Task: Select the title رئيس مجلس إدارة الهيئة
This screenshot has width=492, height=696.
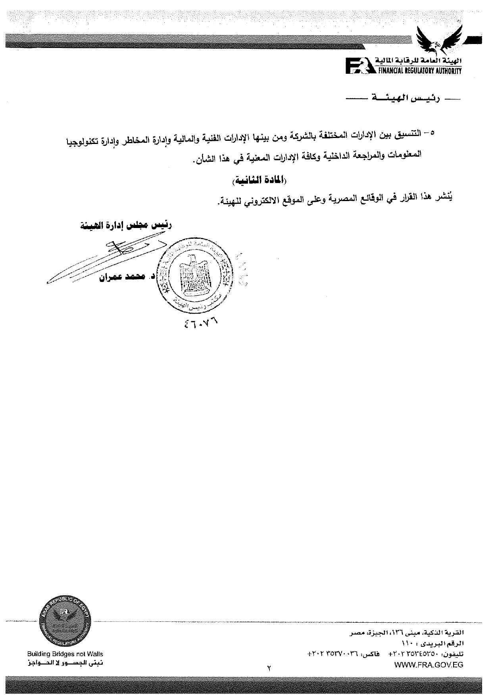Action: [x=126, y=226]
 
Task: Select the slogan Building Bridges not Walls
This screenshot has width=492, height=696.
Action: [x=65, y=654]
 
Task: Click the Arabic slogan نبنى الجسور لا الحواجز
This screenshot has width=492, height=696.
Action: [x=65, y=663]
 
